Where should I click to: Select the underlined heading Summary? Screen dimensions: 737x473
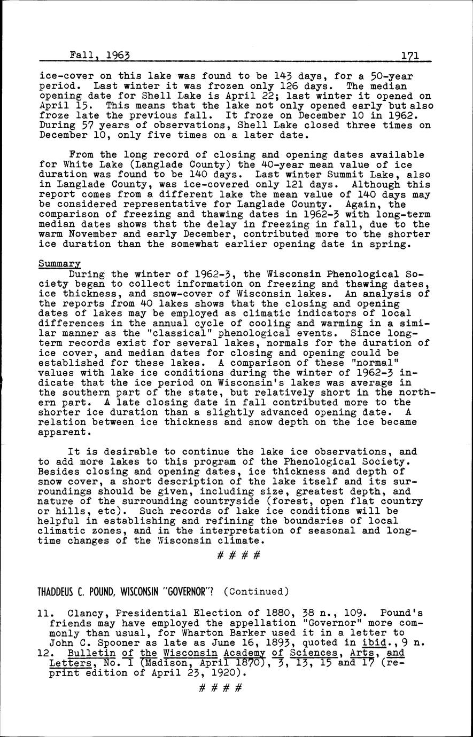tap(59, 264)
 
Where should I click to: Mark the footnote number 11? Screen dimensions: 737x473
tap(45, 613)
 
